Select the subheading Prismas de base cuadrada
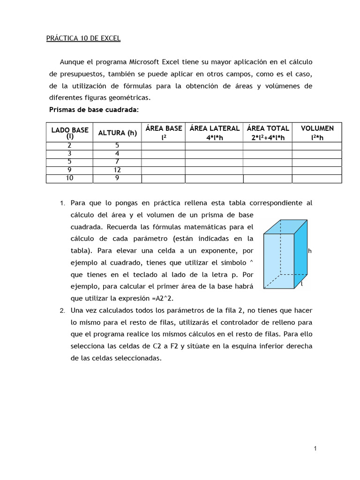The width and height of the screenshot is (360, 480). click(x=94, y=110)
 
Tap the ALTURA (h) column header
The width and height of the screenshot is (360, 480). click(x=117, y=133)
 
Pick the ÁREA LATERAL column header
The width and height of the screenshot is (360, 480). click(x=214, y=133)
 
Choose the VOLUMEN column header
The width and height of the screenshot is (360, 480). click(x=317, y=133)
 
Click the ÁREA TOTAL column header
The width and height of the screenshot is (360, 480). click(x=268, y=133)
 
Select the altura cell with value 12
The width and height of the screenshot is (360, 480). click(x=117, y=170)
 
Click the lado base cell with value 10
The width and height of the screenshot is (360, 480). click(x=70, y=178)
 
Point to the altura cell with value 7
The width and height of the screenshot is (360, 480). click(x=117, y=162)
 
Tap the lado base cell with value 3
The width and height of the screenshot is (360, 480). click(x=70, y=153)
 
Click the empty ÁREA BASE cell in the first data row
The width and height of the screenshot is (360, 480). click(x=164, y=146)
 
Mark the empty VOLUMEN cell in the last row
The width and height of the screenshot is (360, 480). click(x=317, y=179)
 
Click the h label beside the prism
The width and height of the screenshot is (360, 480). click(x=310, y=251)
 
